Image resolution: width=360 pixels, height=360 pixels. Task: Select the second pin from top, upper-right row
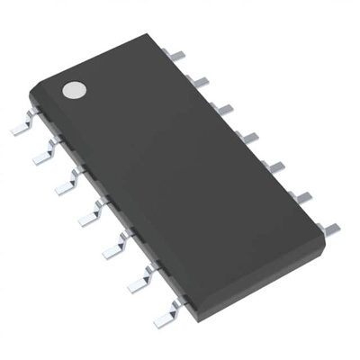pos(199,83)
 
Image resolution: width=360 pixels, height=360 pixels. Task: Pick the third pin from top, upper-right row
pos(223,110)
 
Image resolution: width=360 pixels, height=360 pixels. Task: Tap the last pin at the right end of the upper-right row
pos(329,229)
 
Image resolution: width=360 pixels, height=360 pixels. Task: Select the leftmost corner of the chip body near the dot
pos(31,93)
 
